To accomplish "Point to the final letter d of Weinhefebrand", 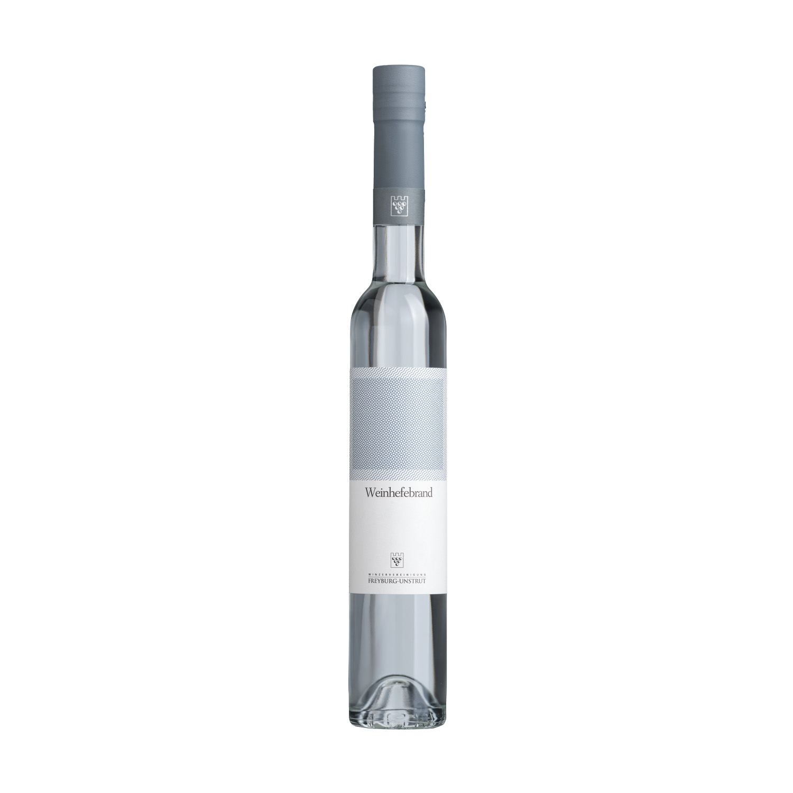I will [430, 492].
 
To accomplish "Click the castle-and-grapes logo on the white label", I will [398, 559].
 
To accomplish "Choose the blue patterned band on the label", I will [398, 419].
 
